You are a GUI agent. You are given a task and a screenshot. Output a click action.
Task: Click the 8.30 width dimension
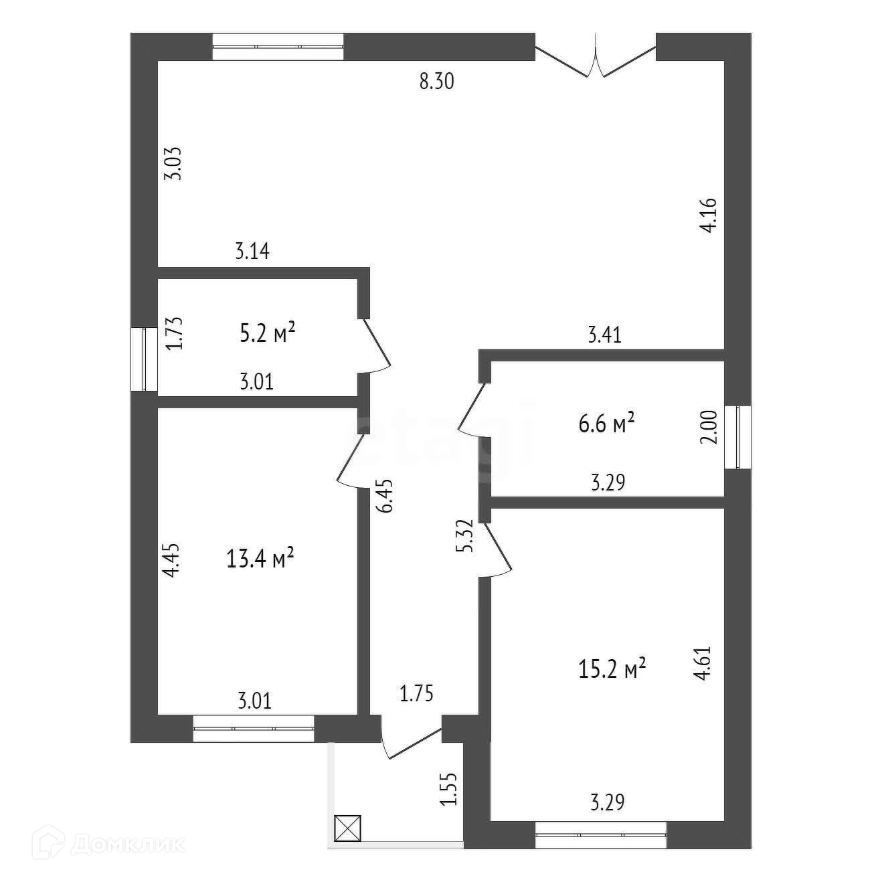pyautogui.click(x=436, y=82)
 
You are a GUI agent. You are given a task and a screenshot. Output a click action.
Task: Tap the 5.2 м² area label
pyautogui.click(x=268, y=333)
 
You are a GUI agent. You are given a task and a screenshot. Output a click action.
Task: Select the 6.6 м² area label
pyautogui.click(x=606, y=423)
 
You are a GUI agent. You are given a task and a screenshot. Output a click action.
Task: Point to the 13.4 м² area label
pyautogui.click(x=261, y=558)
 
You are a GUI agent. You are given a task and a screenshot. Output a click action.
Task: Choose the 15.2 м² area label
pyautogui.click(x=612, y=668)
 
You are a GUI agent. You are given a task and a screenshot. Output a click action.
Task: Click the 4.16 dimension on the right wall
pyautogui.click(x=709, y=214)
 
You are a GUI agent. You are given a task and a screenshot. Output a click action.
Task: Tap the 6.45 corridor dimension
pyautogui.click(x=385, y=495)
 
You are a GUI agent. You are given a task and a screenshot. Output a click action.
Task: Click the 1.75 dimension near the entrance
pyautogui.click(x=416, y=693)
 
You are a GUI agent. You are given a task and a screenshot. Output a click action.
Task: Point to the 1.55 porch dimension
pyautogui.click(x=449, y=789)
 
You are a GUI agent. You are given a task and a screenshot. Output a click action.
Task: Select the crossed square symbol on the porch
pyautogui.click(x=347, y=828)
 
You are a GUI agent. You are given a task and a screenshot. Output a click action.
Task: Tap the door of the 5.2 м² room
pyautogui.click(x=376, y=345)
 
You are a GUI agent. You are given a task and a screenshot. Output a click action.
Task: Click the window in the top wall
pyautogui.click(x=278, y=47)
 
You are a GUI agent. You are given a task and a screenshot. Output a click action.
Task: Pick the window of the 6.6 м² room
pyautogui.click(x=737, y=437)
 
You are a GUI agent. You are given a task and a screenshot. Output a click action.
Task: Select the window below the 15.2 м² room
pyautogui.click(x=601, y=834)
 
